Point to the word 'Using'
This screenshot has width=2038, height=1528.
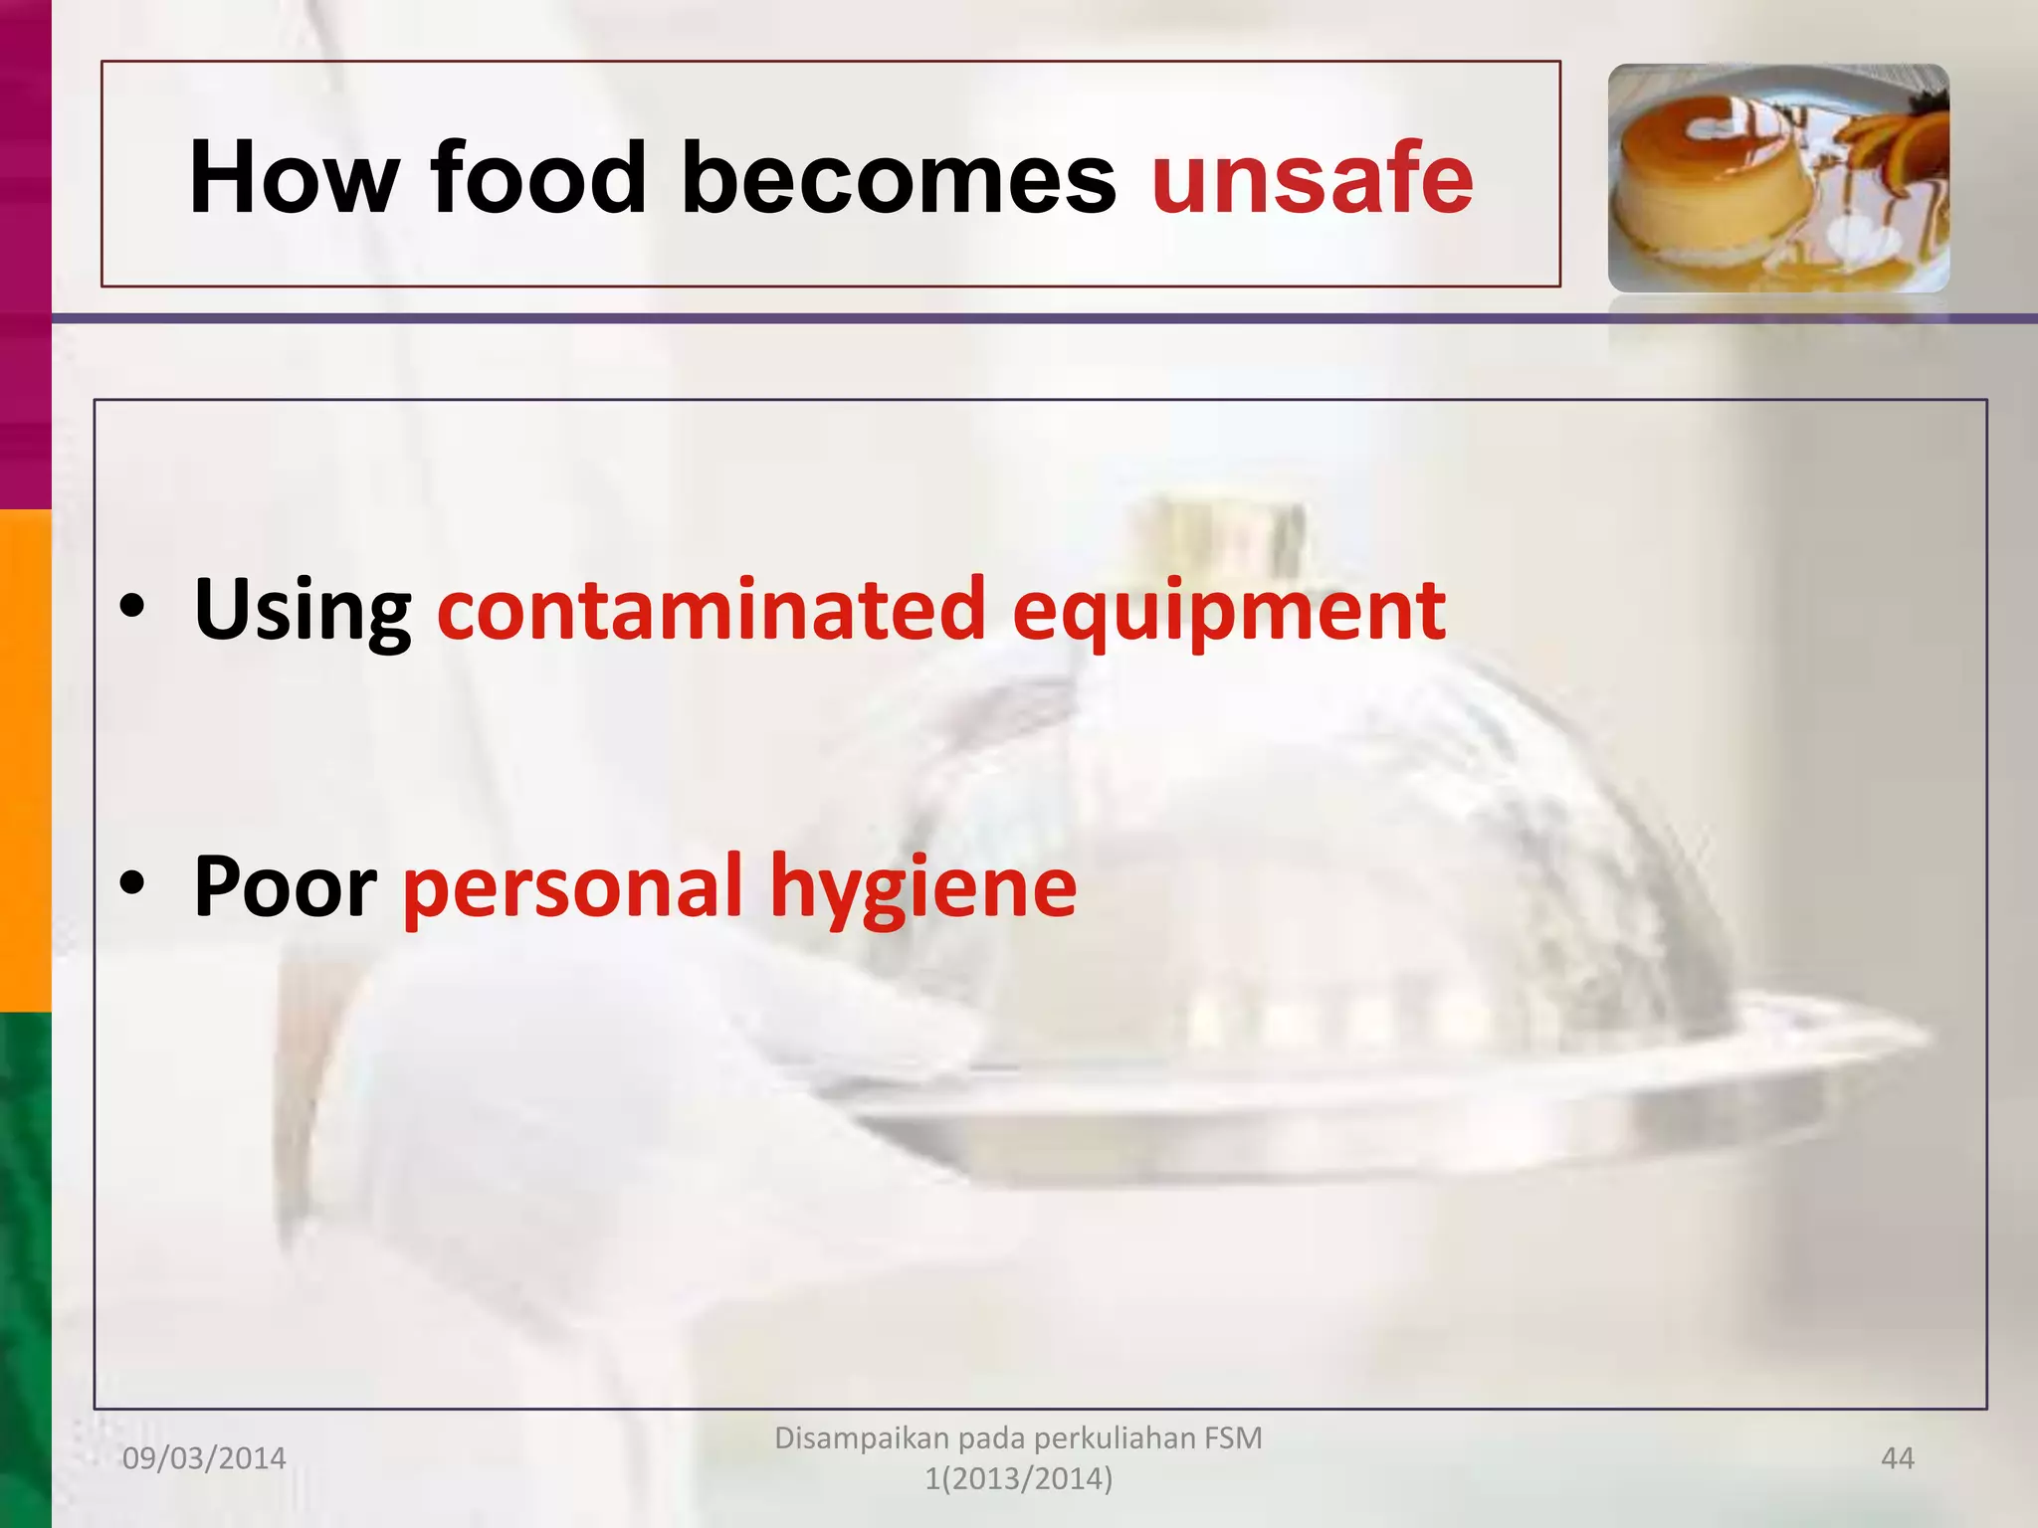303,609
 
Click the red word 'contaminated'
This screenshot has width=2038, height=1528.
711,609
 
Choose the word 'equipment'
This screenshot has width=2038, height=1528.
1228,609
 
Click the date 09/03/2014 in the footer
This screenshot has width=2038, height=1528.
204,1458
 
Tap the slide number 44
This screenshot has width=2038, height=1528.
1897,1458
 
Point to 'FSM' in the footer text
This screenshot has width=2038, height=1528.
1232,1437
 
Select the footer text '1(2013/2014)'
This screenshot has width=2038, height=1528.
1018,1479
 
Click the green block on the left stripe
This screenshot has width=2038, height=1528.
25,1268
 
